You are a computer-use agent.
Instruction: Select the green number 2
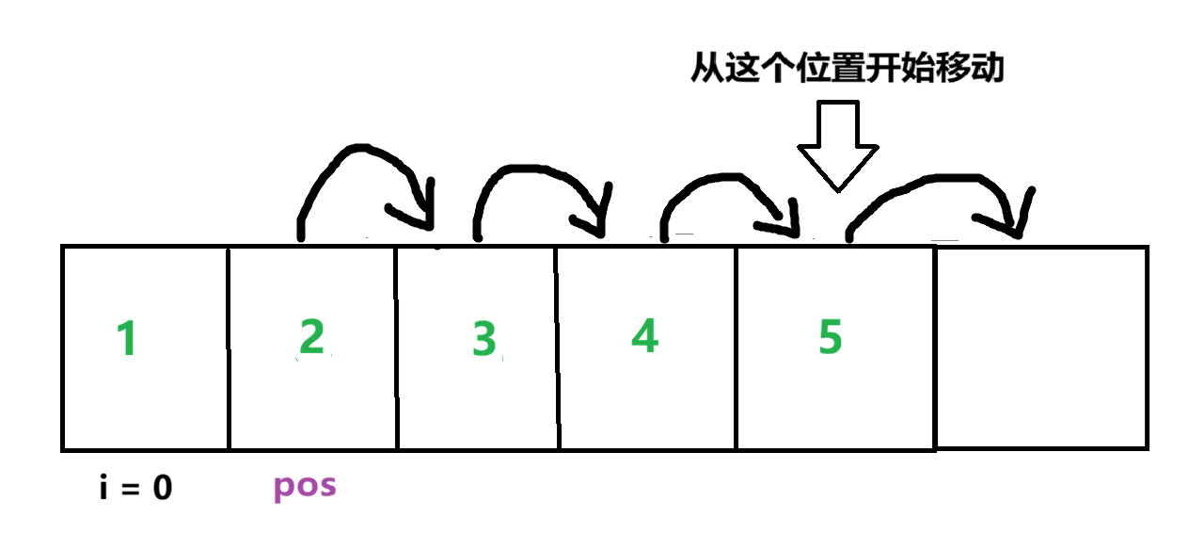311,337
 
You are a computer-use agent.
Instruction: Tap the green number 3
483,339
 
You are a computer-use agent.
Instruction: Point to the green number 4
644,335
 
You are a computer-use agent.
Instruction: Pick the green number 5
829,337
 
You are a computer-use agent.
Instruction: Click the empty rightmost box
1041,347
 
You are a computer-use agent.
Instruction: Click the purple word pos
305,487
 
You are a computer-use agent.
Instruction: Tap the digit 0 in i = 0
162,489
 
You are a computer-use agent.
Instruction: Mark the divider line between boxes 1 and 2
229,347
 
